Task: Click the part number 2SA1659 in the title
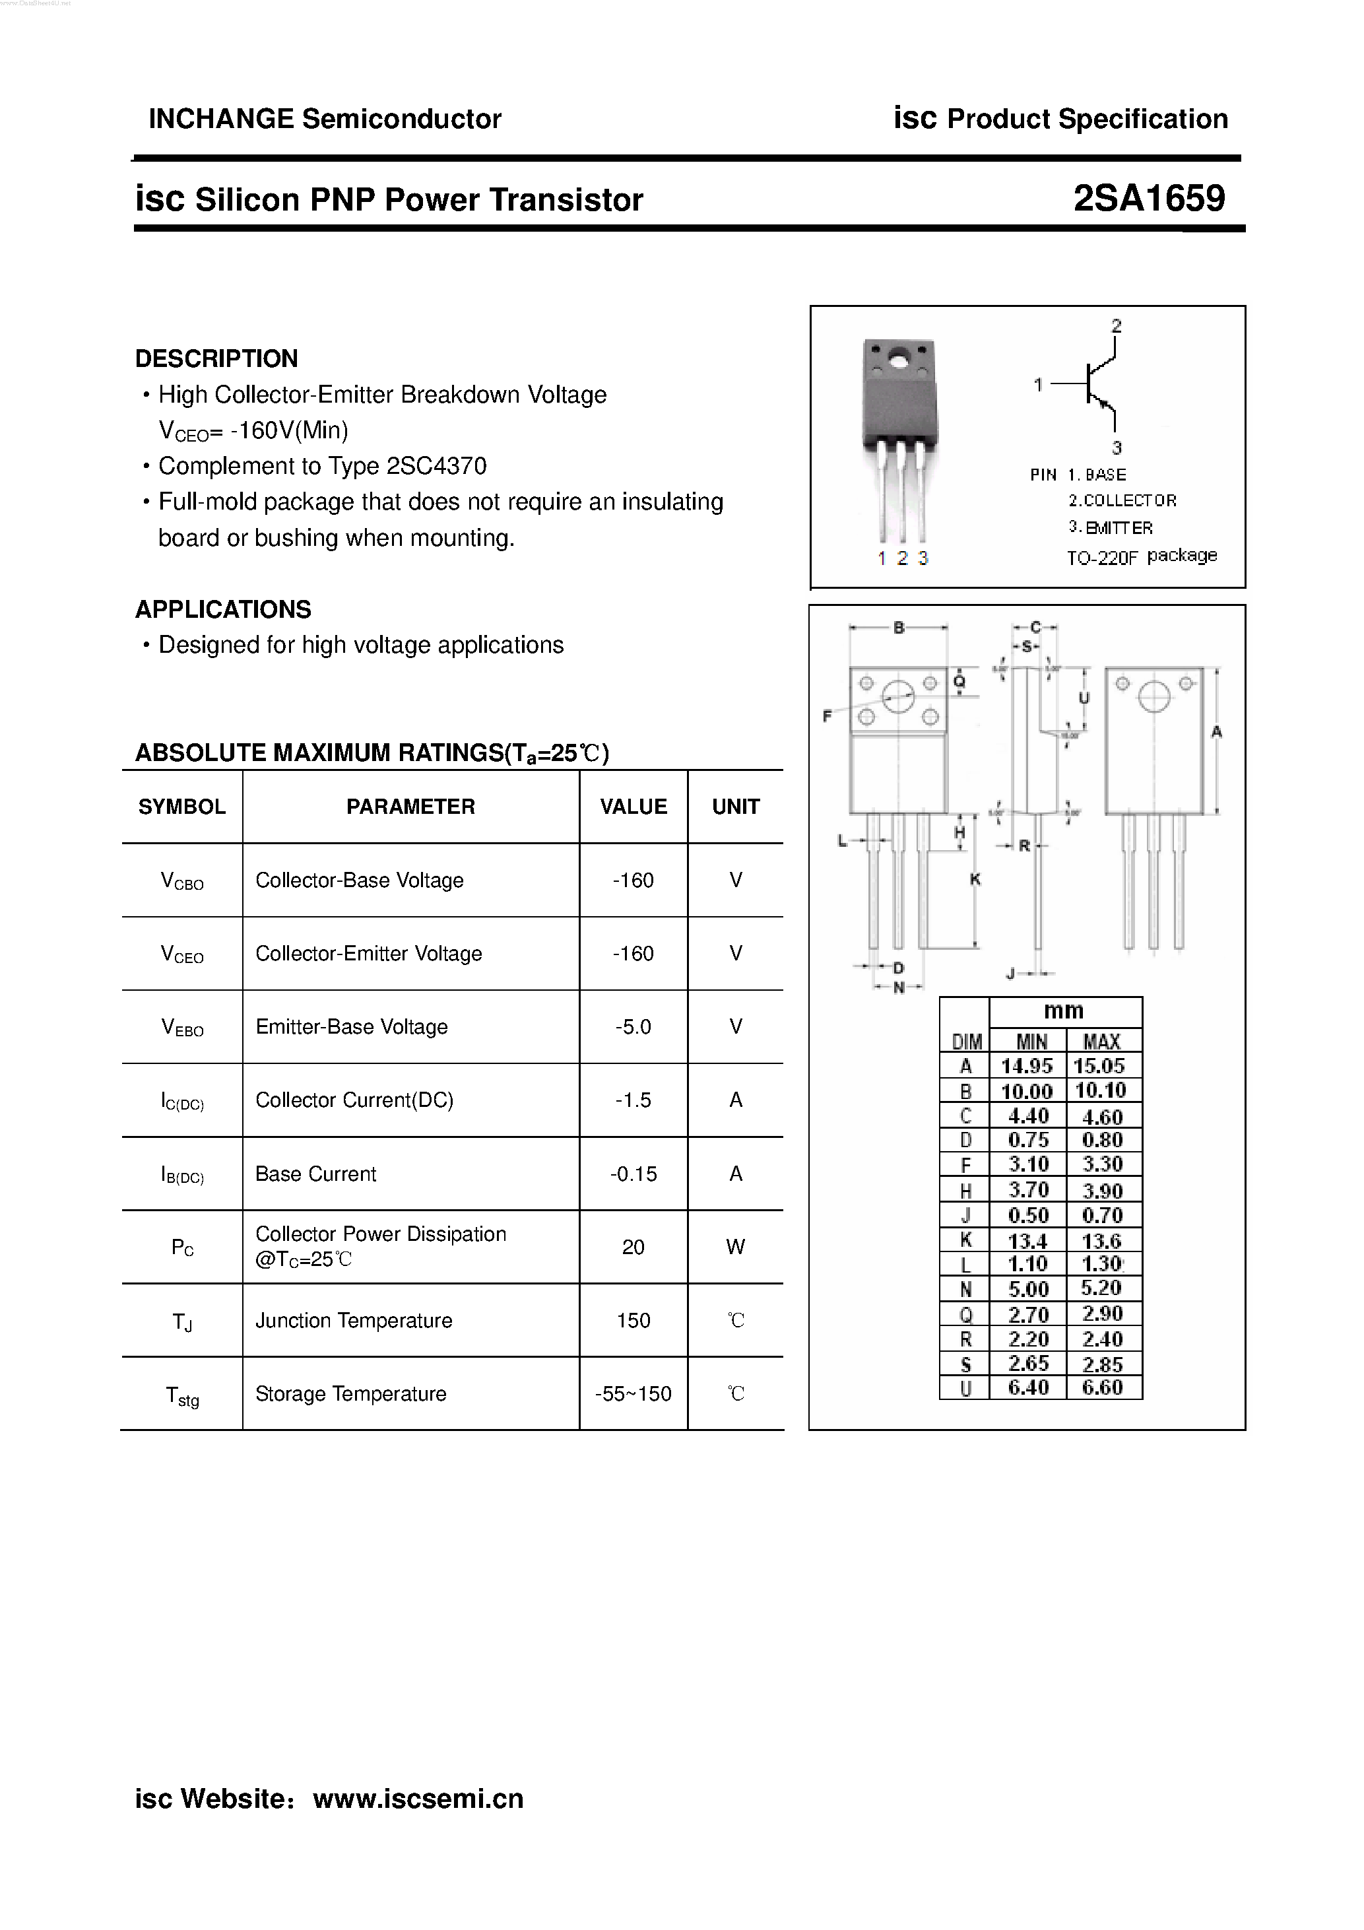point(1148,199)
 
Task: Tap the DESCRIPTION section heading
point(216,359)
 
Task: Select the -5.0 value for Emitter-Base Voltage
point(632,1026)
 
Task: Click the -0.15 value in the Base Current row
point(633,1174)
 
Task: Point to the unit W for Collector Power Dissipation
point(735,1247)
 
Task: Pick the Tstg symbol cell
point(182,1395)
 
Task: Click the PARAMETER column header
point(410,807)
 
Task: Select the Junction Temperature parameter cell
point(354,1321)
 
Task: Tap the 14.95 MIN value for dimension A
point(1026,1066)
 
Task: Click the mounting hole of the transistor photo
point(897,363)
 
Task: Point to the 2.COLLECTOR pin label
point(1122,501)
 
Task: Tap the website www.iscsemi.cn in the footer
point(418,1798)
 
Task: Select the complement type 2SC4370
point(436,466)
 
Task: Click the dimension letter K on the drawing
point(975,879)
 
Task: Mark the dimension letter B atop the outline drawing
point(898,627)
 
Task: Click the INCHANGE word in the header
point(221,119)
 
